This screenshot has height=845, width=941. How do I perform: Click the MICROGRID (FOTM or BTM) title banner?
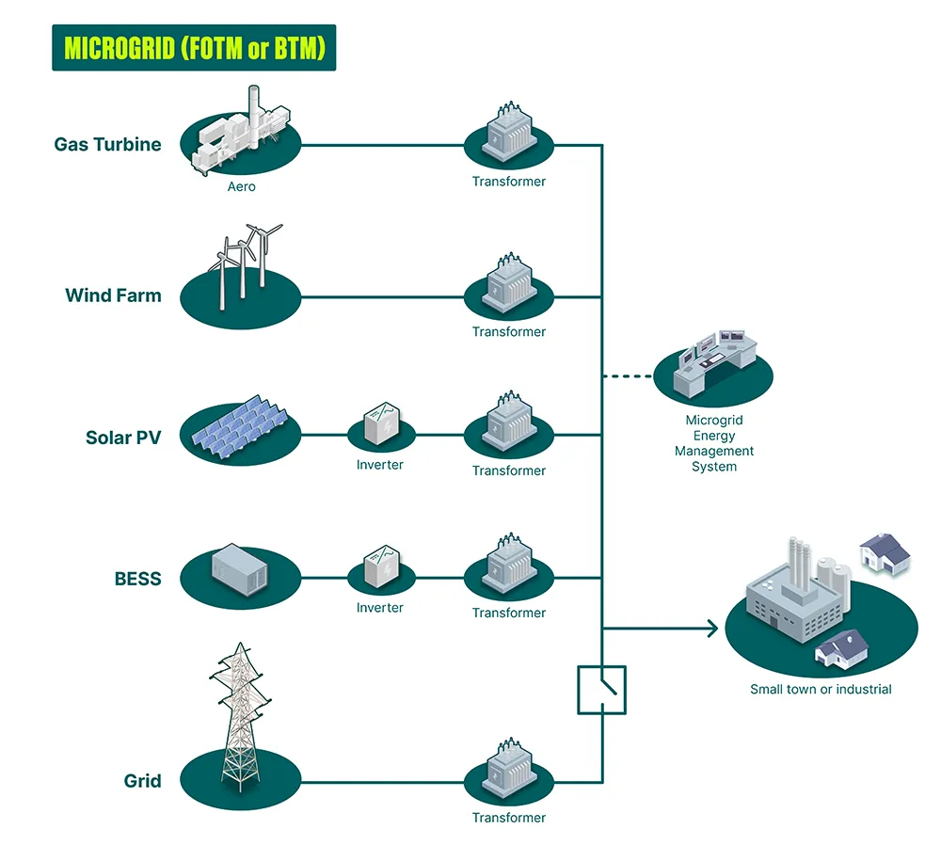tap(193, 48)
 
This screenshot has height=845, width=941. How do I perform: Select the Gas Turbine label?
tap(107, 145)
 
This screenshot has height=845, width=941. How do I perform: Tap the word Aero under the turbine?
tap(241, 186)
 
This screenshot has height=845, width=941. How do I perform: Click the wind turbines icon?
tap(243, 268)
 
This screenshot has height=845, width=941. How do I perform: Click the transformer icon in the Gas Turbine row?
tap(509, 137)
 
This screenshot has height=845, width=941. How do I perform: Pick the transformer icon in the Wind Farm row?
tap(509, 287)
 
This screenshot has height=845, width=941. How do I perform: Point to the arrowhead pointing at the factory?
tap(711, 628)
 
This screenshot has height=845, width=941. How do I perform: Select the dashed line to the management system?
tap(629, 377)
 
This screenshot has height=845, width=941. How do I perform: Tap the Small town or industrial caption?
tap(821, 690)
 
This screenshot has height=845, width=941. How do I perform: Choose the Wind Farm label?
tap(113, 295)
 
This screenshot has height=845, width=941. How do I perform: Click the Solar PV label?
tap(123, 438)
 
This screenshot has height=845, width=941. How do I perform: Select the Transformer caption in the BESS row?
tap(509, 613)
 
